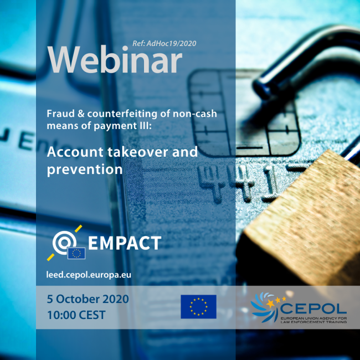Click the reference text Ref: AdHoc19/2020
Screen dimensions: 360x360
click(x=164, y=43)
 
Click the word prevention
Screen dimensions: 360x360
click(x=84, y=169)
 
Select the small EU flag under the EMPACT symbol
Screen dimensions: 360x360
click(x=76, y=253)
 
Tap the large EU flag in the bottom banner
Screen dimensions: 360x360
click(x=198, y=307)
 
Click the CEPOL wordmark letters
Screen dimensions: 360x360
click(x=313, y=307)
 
